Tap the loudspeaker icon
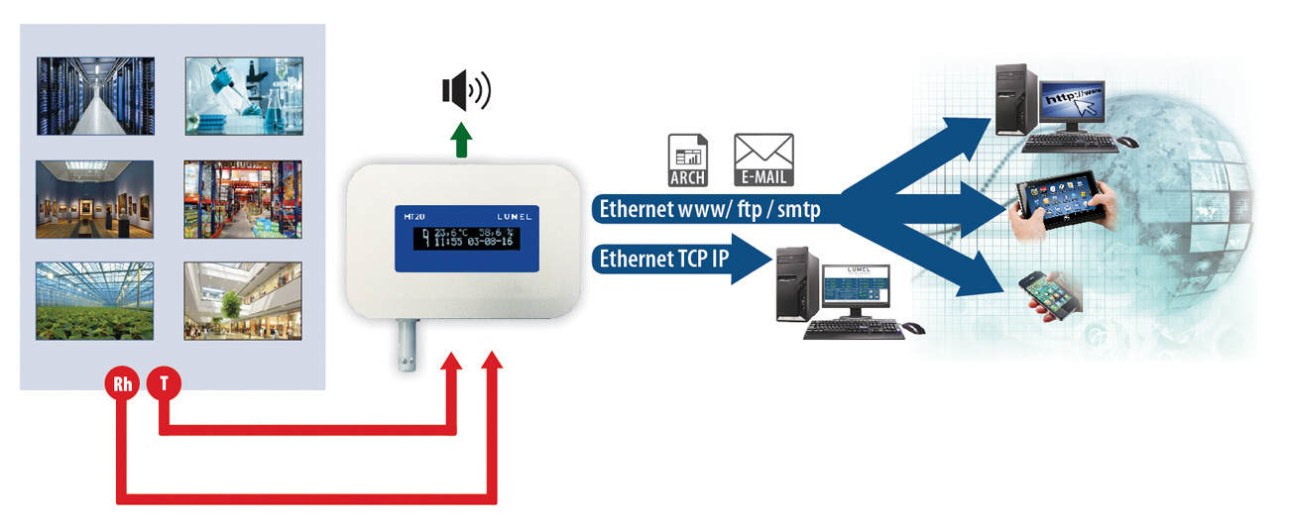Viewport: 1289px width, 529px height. pyautogui.click(x=465, y=92)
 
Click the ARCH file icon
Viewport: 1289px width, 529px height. pyautogui.click(x=688, y=159)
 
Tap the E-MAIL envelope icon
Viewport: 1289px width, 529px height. pyautogui.click(x=763, y=159)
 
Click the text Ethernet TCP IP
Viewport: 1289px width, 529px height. pyautogui.click(x=663, y=260)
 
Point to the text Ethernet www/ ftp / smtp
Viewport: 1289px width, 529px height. pyautogui.click(x=709, y=209)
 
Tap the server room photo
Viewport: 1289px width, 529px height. pyautogui.click(x=96, y=95)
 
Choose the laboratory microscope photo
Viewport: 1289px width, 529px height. pyautogui.click(x=244, y=95)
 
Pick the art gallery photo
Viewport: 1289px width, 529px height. pyautogui.click(x=96, y=198)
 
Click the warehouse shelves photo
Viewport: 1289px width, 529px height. pyautogui.click(x=244, y=198)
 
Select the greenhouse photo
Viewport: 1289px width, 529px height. pyautogui.click(x=96, y=300)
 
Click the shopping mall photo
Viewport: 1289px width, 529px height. pyautogui.click(x=244, y=300)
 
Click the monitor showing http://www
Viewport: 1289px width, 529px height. pyautogui.click(x=1075, y=102)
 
